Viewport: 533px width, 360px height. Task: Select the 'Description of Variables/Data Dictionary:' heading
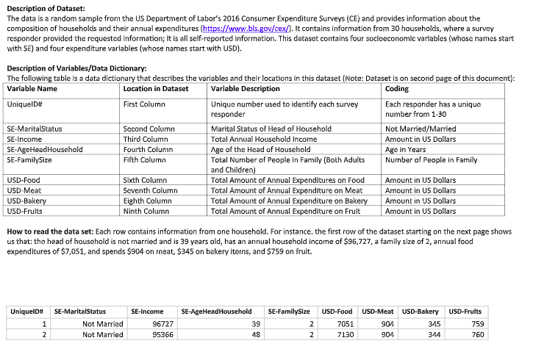pos(77,68)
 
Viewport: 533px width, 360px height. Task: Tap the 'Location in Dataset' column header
pos(157,89)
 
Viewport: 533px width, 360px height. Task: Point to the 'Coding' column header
pos(397,89)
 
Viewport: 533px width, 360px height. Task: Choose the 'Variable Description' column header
pos(245,89)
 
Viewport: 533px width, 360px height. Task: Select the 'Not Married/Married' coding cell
pos(421,129)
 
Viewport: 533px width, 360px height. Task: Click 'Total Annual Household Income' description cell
pos(264,139)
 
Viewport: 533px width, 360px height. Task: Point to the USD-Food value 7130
pos(345,335)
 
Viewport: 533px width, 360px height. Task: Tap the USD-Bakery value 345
pos(434,324)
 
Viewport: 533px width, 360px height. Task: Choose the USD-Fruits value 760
pos(477,335)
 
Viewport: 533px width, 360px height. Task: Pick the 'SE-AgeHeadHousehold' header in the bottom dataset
pos(216,312)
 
